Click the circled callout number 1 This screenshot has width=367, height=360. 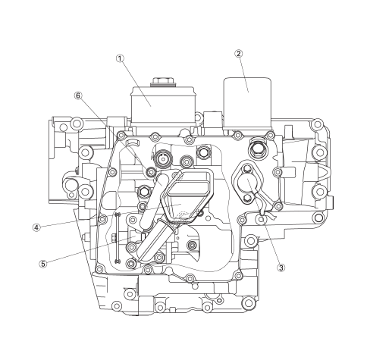click(x=120, y=58)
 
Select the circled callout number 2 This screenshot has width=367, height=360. click(x=239, y=54)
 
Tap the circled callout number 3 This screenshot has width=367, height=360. click(x=281, y=268)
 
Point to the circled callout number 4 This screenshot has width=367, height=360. click(x=36, y=227)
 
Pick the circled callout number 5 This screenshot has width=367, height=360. click(x=43, y=264)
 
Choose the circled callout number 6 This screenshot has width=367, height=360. click(x=78, y=95)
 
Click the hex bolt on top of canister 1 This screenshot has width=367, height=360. click(x=162, y=82)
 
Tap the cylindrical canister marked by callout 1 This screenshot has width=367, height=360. click(x=163, y=105)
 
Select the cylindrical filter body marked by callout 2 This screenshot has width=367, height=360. click(x=247, y=104)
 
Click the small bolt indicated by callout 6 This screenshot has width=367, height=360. click(x=151, y=172)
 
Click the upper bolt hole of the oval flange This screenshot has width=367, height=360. click(x=247, y=167)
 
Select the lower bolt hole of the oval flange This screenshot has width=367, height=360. click(x=247, y=198)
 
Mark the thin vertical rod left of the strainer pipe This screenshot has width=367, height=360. click(x=118, y=237)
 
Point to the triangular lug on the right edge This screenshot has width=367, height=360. click(x=325, y=173)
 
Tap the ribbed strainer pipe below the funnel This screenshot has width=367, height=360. click(x=156, y=240)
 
